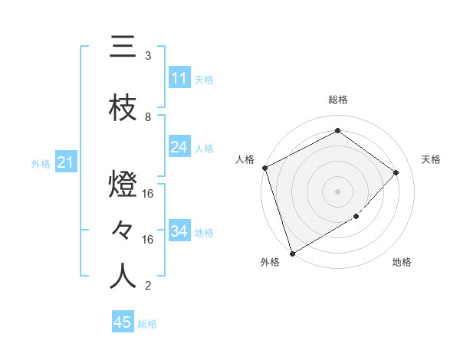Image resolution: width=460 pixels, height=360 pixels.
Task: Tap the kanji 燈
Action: (123, 186)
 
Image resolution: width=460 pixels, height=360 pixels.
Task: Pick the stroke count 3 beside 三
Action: (148, 56)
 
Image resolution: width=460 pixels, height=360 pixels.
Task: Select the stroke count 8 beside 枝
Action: (148, 117)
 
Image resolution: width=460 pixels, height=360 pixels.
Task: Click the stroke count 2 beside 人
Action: (148, 286)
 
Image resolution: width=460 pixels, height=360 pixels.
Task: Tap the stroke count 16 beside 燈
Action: (148, 194)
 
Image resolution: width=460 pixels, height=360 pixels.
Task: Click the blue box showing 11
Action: (179, 79)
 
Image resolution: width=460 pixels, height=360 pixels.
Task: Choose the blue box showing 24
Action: (179, 148)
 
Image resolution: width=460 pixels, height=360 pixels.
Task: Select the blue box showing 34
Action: (179, 232)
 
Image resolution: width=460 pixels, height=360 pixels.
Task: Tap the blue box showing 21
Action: (64, 163)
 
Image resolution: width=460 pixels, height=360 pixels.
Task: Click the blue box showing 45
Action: (122, 323)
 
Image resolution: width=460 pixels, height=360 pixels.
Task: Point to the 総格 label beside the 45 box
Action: (147, 324)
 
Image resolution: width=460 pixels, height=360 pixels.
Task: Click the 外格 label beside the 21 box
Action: (40, 163)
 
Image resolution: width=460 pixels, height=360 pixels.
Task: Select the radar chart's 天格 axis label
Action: (431, 159)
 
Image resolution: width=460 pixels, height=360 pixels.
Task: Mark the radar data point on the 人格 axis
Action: (264, 168)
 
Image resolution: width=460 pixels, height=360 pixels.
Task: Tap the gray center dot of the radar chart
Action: (337, 191)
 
